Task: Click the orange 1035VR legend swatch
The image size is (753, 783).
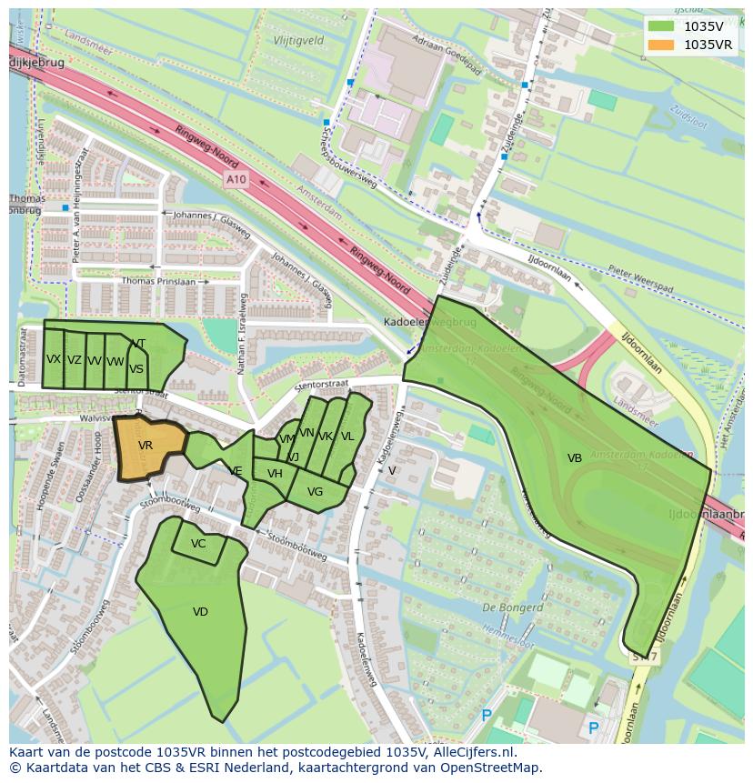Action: (x=663, y=45)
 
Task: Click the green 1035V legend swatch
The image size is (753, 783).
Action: (x=663, y=26)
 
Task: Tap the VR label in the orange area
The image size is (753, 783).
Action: (x=146, y=446)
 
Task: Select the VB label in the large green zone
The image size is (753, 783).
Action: (x=575, y=458)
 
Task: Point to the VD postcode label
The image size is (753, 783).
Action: (x=201, y=612)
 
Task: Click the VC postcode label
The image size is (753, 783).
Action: (x=198, y=544)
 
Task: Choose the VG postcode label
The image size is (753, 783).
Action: (x=315, y=492)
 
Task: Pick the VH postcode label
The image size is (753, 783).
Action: (x=275, y=474)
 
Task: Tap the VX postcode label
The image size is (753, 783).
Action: (x=54, y=359)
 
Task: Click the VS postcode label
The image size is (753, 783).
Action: (x=136, y=369)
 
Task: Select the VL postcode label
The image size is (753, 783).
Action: (x=347, y=437)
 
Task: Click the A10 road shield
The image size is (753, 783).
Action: (x=236, y=180)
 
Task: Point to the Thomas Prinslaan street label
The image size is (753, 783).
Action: (x=158, y=281)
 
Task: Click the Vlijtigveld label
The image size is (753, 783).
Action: (x=299, y=41)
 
